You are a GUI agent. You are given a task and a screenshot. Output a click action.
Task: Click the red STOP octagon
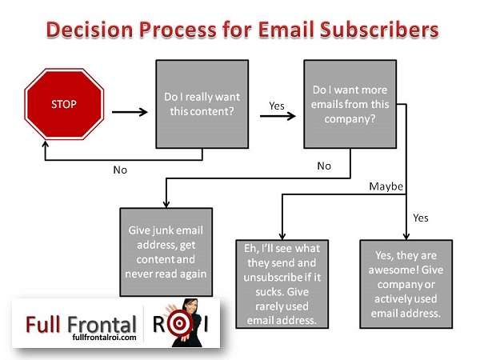pyautogui.click(x=64, y=104)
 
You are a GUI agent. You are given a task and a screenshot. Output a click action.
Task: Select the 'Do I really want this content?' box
pyautogui.click(x=202, y=104)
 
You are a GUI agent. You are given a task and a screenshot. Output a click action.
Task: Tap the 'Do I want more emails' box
pyautogui.click(x=350, y=104)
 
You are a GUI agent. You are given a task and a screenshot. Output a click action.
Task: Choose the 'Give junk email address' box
pyautogui.click(x=166, y=252)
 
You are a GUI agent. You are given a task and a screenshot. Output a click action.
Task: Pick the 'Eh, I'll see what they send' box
pyautogui.click(x=282, y=284)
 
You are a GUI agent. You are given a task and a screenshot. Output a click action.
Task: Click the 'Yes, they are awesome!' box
pyautogui.click(x=406, y=284)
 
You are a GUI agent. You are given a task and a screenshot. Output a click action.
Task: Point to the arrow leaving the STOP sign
pyautogui.click(x=130, y=112)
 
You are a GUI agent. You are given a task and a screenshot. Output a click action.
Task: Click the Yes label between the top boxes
pyautogui.click(x=277, y=106)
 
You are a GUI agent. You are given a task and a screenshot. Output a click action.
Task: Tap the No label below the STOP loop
pyautogui.click(x=120, y=170)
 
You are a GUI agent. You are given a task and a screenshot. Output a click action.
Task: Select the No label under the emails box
pyautogui.click(x=324, y=166)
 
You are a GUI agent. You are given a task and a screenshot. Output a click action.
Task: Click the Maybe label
pyautogui.click(x=386, y=186)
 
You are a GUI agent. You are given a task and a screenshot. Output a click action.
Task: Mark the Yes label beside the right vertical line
pyautogui.click(x=421, y=218)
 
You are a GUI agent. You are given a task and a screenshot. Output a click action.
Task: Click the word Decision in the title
pyautogui.click(x=90, y=30)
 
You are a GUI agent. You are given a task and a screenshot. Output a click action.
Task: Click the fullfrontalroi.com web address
pyautogui.click(x=104, y=338)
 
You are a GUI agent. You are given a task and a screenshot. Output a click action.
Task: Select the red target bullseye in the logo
pyautogui.click(x=179, y=323)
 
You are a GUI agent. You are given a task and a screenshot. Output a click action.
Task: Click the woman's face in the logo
pyautogui.click(x=190, y=307)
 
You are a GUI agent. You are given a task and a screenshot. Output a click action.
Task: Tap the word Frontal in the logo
pyautogui.click(x=102, y=325)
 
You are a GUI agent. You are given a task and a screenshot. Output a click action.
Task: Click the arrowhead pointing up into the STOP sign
pyautogui.click(x=46, y=144)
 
